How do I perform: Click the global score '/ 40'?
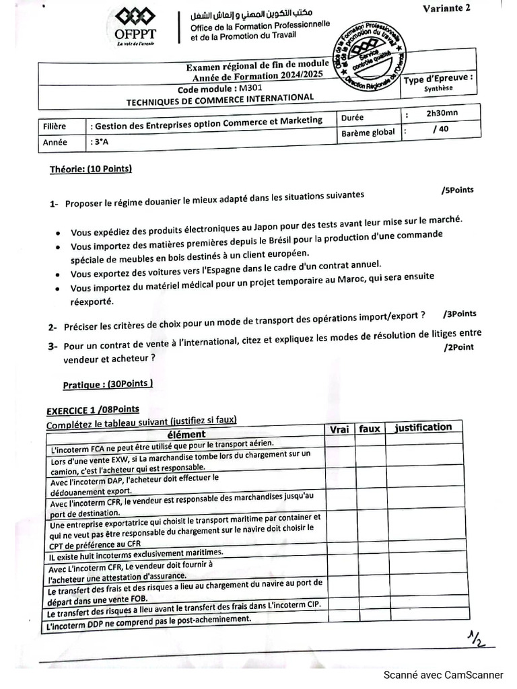coord(441,129)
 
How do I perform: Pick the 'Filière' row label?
coord(55,126)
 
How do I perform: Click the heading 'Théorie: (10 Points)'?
coord(91,169)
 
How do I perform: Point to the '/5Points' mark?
coord(458,190)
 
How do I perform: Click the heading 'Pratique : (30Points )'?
coord(108,384)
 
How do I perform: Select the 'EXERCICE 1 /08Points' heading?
coord(92,410)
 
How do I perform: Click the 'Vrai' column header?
coord(340,429)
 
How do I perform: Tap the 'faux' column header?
coord(370,429)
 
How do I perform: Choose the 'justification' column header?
coord(423,427)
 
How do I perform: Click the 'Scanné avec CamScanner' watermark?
coord(443,675)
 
